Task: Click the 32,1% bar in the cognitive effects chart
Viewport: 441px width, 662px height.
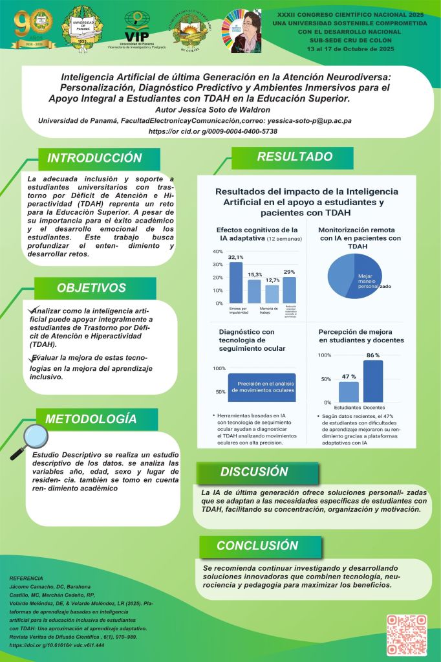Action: (x=236, y=283)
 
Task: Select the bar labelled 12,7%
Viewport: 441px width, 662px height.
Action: (x=272, y=294)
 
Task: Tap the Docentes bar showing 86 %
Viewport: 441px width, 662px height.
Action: (x=373, y=381)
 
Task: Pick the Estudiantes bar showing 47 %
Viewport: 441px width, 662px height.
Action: (x=349, y=391)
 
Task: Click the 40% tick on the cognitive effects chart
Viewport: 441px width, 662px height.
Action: (x=217, y=252)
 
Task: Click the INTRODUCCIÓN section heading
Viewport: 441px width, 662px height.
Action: (x=94, y=159)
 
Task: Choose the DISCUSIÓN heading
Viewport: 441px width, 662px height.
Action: (x=253, y=471)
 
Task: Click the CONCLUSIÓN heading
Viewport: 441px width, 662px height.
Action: (x=257, y=546)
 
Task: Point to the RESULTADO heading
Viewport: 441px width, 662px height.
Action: (x=294, y=157)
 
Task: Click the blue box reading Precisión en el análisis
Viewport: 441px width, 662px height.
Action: (x=257, y=387)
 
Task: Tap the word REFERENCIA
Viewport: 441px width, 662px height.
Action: (x=27, y=578)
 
